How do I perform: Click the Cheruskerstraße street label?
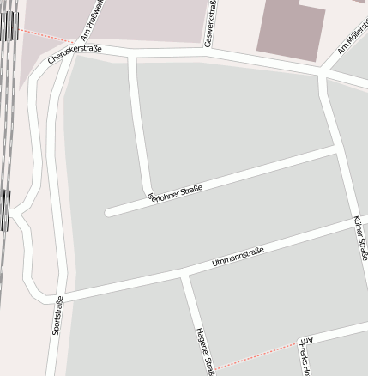(75, 53)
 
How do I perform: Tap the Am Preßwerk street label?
(92, 21)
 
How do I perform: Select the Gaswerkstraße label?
(209, 23)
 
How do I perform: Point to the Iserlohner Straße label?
(175, 192)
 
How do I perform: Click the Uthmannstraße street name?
(238, 257)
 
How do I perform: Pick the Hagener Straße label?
(203, 347)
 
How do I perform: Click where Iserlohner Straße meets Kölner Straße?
(335, 149)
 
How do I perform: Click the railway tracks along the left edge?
(7, 129)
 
